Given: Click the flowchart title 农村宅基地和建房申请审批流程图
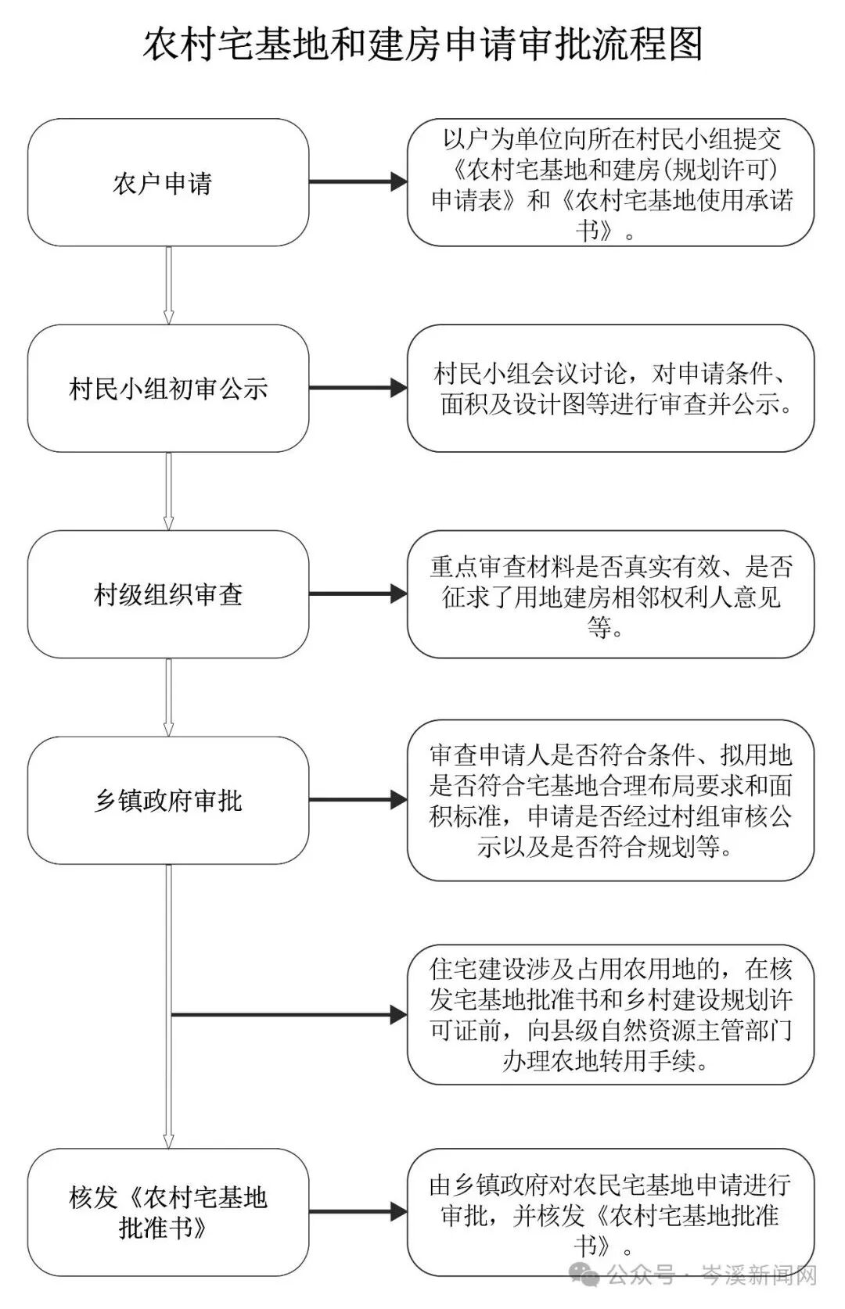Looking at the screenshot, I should [422, 44].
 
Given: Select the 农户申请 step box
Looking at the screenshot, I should [167, 183].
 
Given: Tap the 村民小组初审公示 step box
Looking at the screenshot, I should [167, 389].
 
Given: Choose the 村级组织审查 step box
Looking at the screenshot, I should [167, 594].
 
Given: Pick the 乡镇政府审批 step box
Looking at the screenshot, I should [167, 800].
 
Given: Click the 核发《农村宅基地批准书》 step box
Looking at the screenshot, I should [167, 1212].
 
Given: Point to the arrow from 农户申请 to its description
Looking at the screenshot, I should [358, 183].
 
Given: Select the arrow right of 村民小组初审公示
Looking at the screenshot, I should [358, 388].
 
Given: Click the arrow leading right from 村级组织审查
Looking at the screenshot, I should [358, 594].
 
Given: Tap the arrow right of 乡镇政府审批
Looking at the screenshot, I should [358, 800].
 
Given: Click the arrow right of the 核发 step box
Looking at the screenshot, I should [358, 1212].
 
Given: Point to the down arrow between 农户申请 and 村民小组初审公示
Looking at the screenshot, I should [168, 285].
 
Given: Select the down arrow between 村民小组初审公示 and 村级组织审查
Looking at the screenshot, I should [168, 491].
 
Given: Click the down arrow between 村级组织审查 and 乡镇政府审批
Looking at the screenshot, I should [168, 697].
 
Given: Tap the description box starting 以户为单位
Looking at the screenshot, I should [610, 183].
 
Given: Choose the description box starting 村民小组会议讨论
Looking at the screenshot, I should [610, 389].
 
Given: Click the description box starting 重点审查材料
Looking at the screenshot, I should [610, 594].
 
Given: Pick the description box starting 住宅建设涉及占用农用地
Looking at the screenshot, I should [610, 1015].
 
